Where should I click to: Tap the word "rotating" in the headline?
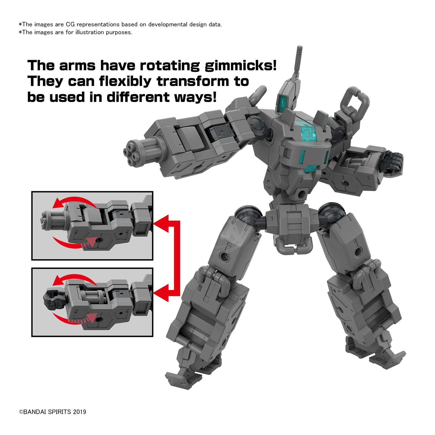(x=170, y=66)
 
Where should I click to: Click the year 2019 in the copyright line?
(x=79, y=412)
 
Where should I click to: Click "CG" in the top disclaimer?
(x=70, y=24)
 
